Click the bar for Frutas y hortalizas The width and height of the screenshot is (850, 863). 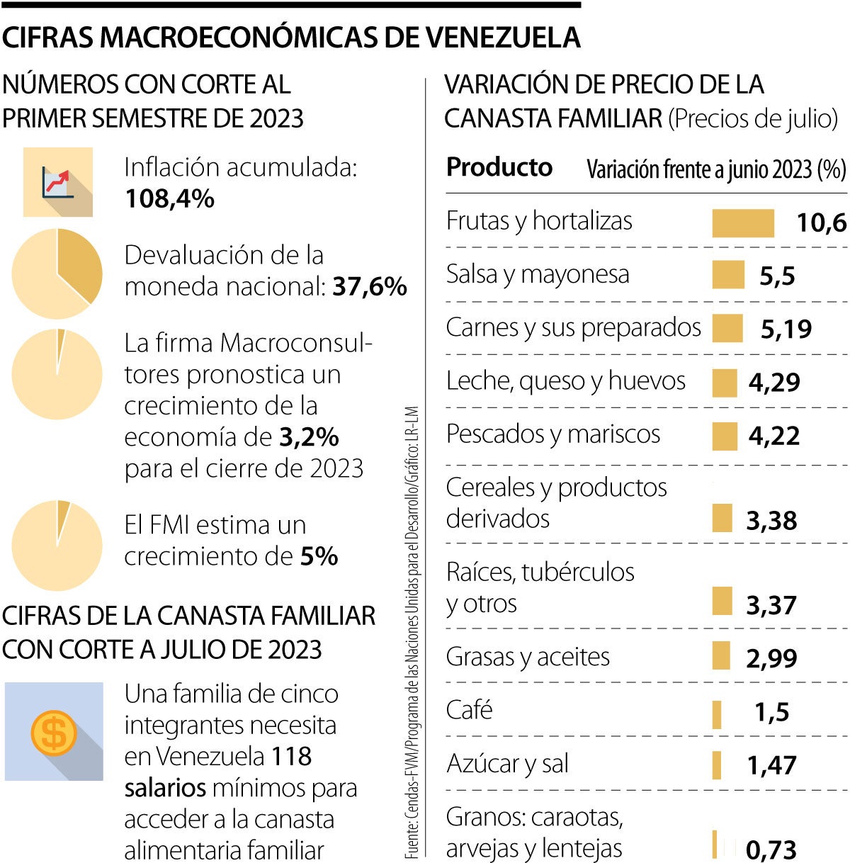pos(742,223)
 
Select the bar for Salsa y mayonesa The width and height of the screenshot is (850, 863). pos(727,275)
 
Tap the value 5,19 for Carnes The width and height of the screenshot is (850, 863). pos(786,329)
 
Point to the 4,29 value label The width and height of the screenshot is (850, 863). pos(774,383)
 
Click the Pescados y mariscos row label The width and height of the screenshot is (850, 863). pos(552,434)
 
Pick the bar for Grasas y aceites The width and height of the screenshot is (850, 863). pos(720,655)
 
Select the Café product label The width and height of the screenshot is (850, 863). pos(469,710)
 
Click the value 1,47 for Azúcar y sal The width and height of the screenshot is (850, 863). pos(771,765)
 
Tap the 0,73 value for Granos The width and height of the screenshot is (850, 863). pos(771,850)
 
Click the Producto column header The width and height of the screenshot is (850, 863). pos(499,167)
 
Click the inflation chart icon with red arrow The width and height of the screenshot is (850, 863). pos(57,182)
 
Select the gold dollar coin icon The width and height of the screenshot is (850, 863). pos(54,732)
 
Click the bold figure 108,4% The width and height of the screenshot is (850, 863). pos(169,199)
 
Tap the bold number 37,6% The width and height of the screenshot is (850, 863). pos(370,287)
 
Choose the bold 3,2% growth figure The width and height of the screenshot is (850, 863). pos(309,437)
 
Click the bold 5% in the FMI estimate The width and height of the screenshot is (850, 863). pos(319,556)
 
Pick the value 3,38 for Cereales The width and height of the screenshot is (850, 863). pos(771,521)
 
